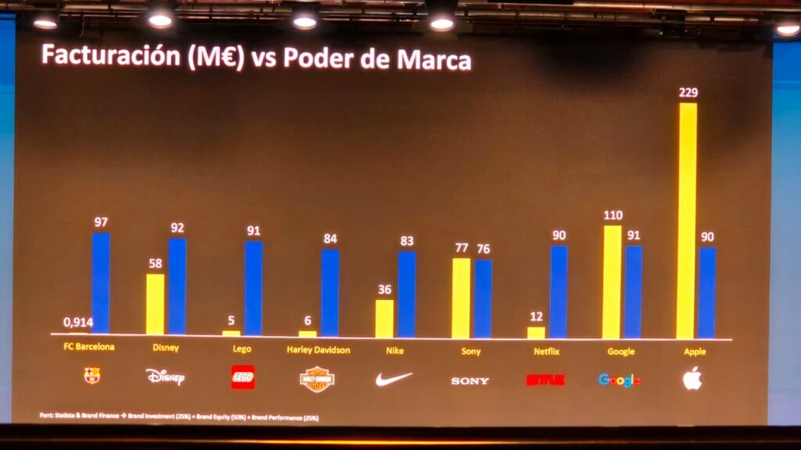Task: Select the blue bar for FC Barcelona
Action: [101, 283]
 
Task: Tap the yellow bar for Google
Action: [612, 281]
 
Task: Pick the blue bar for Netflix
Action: [559, 291]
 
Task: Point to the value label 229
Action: [688, 93]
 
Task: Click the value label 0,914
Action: [77, 322]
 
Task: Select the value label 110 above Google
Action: [612, 215]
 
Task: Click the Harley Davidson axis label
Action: [318, 350]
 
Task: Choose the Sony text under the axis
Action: [470, 351]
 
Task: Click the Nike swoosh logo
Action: [393, 379]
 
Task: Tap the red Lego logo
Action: [242, 377]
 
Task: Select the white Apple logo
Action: [691, 378]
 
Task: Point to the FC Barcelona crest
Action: [92, 376]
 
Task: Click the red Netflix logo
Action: [544, 380]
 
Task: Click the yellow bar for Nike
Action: [384, 318]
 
